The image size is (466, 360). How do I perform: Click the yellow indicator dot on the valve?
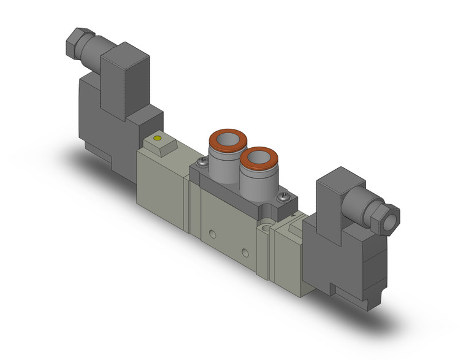[x=159, y=140]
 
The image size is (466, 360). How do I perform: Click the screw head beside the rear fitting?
[x=203, y=163]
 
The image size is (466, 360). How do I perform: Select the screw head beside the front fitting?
[x=282, y=197]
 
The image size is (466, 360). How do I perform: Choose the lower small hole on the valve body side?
[x=245, y=253]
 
